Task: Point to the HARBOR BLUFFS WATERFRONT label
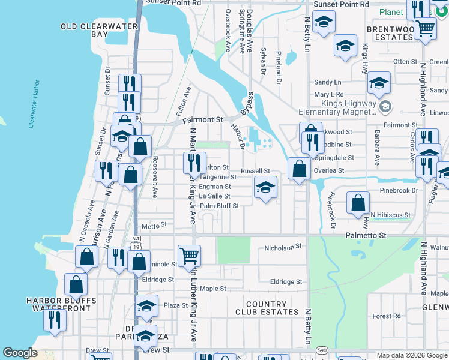click(x=61, y=304)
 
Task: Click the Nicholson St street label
click(x=283, y=247)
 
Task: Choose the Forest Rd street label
click(x=386, y=316)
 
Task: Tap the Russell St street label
click(x=255, y=170)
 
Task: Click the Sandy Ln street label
click(x=327, y=82)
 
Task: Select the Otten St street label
click(x=405, y=62)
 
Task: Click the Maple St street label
click(x=213, y=289)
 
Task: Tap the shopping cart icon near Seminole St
click(x=189, y=255)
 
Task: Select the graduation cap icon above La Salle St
click(x=265, y=187)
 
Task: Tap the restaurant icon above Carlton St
click(x=194, y=161)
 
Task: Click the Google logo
click(x=20, y=353)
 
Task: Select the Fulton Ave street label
click(x=183, y=101)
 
